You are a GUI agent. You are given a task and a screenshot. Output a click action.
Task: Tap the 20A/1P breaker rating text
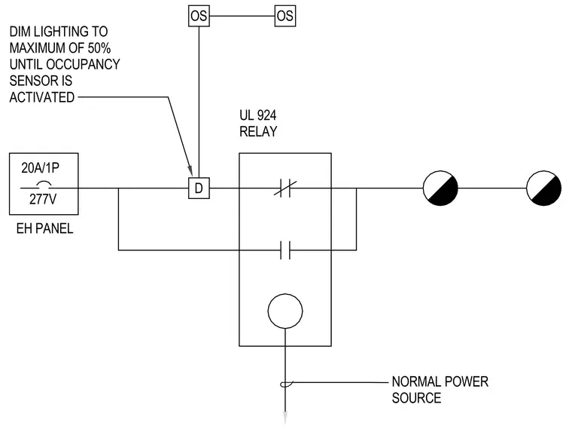click(40, 168)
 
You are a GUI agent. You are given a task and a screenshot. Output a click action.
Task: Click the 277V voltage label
click(43, 199)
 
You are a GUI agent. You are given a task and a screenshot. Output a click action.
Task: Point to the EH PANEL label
click(44, 228)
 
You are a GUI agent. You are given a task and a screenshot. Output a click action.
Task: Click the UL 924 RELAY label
click(258, 123)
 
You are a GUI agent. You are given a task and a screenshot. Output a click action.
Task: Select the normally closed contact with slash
click(285, 188)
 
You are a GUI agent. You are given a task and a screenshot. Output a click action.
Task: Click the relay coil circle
click(285, 293)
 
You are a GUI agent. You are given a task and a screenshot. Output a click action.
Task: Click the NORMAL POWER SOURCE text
click(440, 390)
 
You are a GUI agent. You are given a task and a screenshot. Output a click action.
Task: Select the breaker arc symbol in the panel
click(44, 184)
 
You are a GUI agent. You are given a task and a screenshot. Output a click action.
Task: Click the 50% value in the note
click(99, 48)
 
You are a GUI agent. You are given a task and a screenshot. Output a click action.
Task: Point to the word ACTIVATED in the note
click(42, 97)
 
